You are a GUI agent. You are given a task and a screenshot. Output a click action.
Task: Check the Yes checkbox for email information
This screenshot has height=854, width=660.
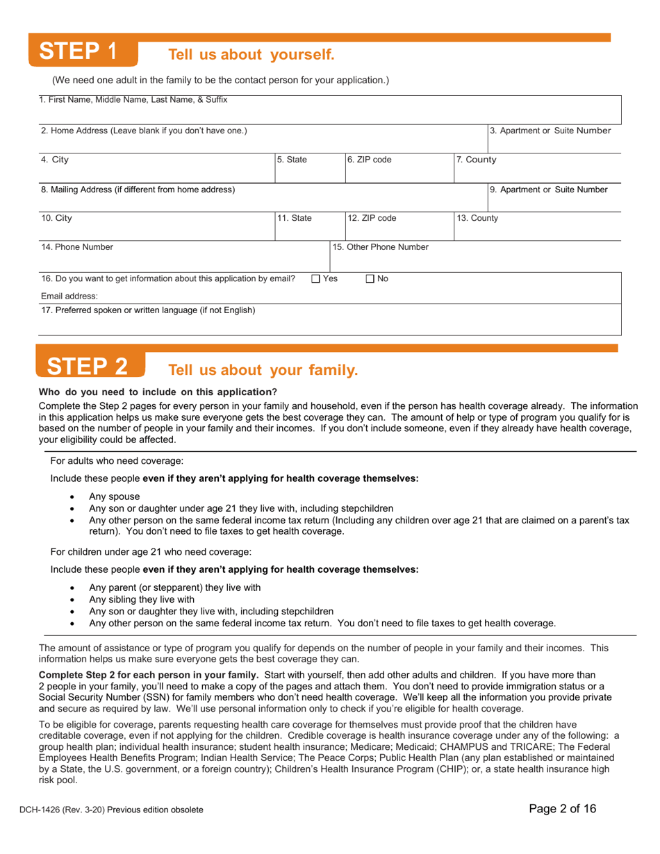[315, 278]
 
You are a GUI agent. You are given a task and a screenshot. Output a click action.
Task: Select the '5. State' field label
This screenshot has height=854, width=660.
[291, 159]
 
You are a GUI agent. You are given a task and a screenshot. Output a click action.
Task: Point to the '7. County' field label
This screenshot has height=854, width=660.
[476, 159]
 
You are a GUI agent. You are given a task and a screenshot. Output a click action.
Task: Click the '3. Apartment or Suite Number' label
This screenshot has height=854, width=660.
[551, 130]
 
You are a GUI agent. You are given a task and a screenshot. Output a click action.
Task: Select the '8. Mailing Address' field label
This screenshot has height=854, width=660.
[138, 188]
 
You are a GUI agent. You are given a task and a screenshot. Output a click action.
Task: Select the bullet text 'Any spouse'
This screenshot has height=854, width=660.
[114, 496]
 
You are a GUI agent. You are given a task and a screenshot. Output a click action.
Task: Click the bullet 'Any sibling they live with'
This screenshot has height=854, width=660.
[142, 599]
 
